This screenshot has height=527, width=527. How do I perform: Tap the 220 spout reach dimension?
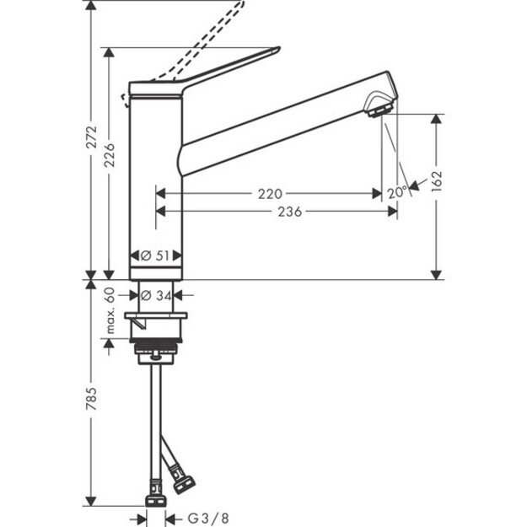[x=269, y=194]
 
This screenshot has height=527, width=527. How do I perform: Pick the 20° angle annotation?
[x=397, y=192]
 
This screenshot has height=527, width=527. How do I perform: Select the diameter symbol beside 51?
[x=145, y=255]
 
